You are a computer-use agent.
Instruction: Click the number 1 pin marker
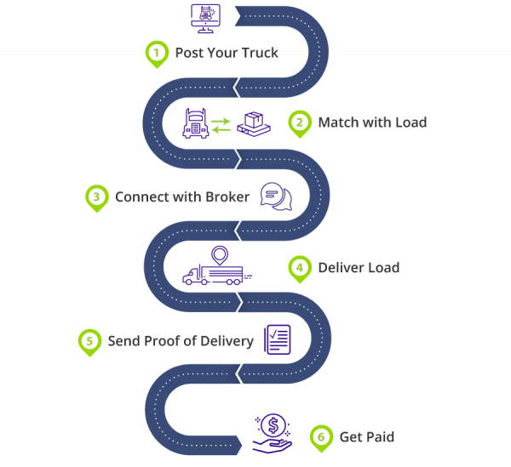[155, 54]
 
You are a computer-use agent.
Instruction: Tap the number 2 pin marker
[298, 123]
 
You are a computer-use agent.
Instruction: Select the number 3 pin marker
[97, 197]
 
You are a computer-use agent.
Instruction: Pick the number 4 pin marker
[298, 268]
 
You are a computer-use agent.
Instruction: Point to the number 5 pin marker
[89, 342]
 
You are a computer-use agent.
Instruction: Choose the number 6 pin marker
[319, 437]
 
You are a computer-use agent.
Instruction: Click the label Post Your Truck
[227, 54]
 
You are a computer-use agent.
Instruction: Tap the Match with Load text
[372, 122]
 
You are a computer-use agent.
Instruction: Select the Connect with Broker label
[182, 197]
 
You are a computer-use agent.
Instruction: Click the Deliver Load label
[359, 268]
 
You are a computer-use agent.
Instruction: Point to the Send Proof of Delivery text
[181, 341]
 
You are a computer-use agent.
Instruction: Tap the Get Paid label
[367, 437]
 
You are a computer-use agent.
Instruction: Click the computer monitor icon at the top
[207, 17]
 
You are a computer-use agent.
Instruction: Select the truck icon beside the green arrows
[195, 124]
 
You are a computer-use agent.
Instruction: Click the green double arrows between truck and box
[221, 126]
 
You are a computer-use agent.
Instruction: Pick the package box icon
[252, 124]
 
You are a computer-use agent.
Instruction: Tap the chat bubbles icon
[275, 196]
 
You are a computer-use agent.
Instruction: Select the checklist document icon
[277, 340]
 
